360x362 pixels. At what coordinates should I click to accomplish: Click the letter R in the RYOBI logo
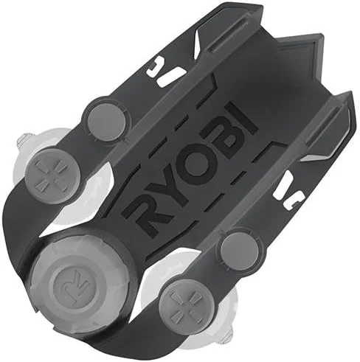pos(144,211)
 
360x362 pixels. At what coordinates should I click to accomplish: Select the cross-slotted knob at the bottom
pos(181,304)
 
